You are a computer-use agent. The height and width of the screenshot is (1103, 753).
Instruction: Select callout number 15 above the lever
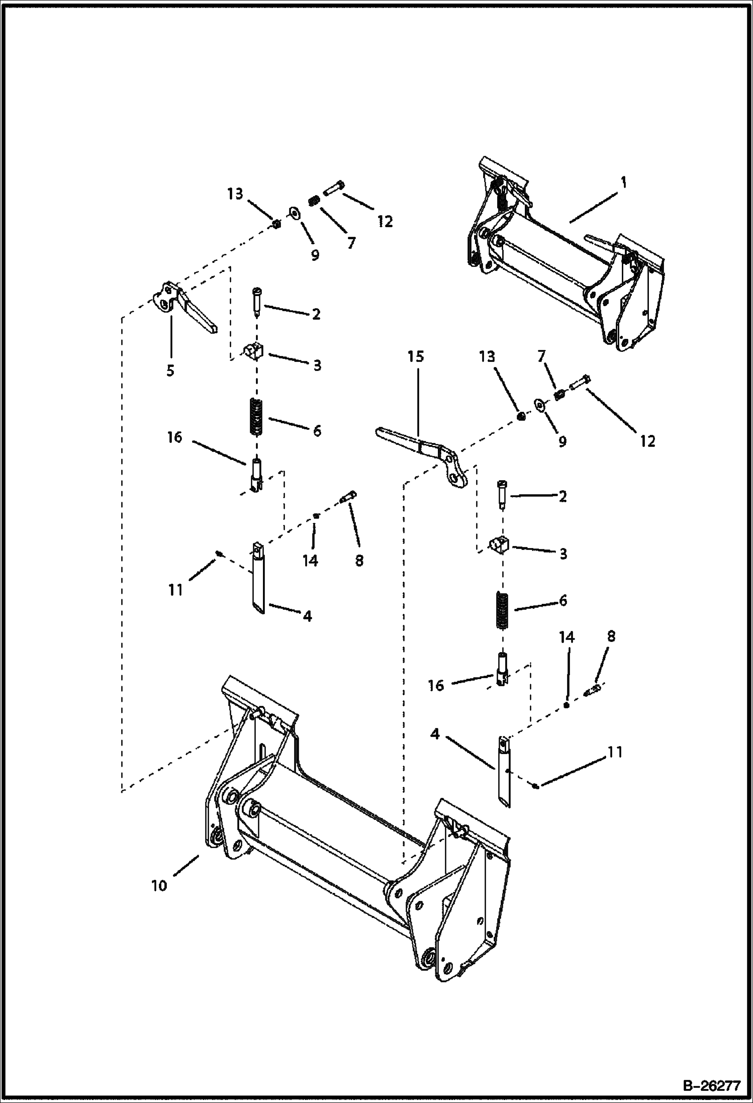416,356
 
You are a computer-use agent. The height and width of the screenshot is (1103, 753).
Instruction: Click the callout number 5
170,371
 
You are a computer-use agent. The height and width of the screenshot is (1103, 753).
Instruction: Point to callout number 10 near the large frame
159,885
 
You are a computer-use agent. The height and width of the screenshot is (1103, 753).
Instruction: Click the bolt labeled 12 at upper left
332,190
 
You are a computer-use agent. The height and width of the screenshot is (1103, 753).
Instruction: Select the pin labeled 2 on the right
503,495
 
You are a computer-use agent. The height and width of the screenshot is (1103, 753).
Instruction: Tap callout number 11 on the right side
615,753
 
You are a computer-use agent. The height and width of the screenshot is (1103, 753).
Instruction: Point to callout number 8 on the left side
359,560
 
